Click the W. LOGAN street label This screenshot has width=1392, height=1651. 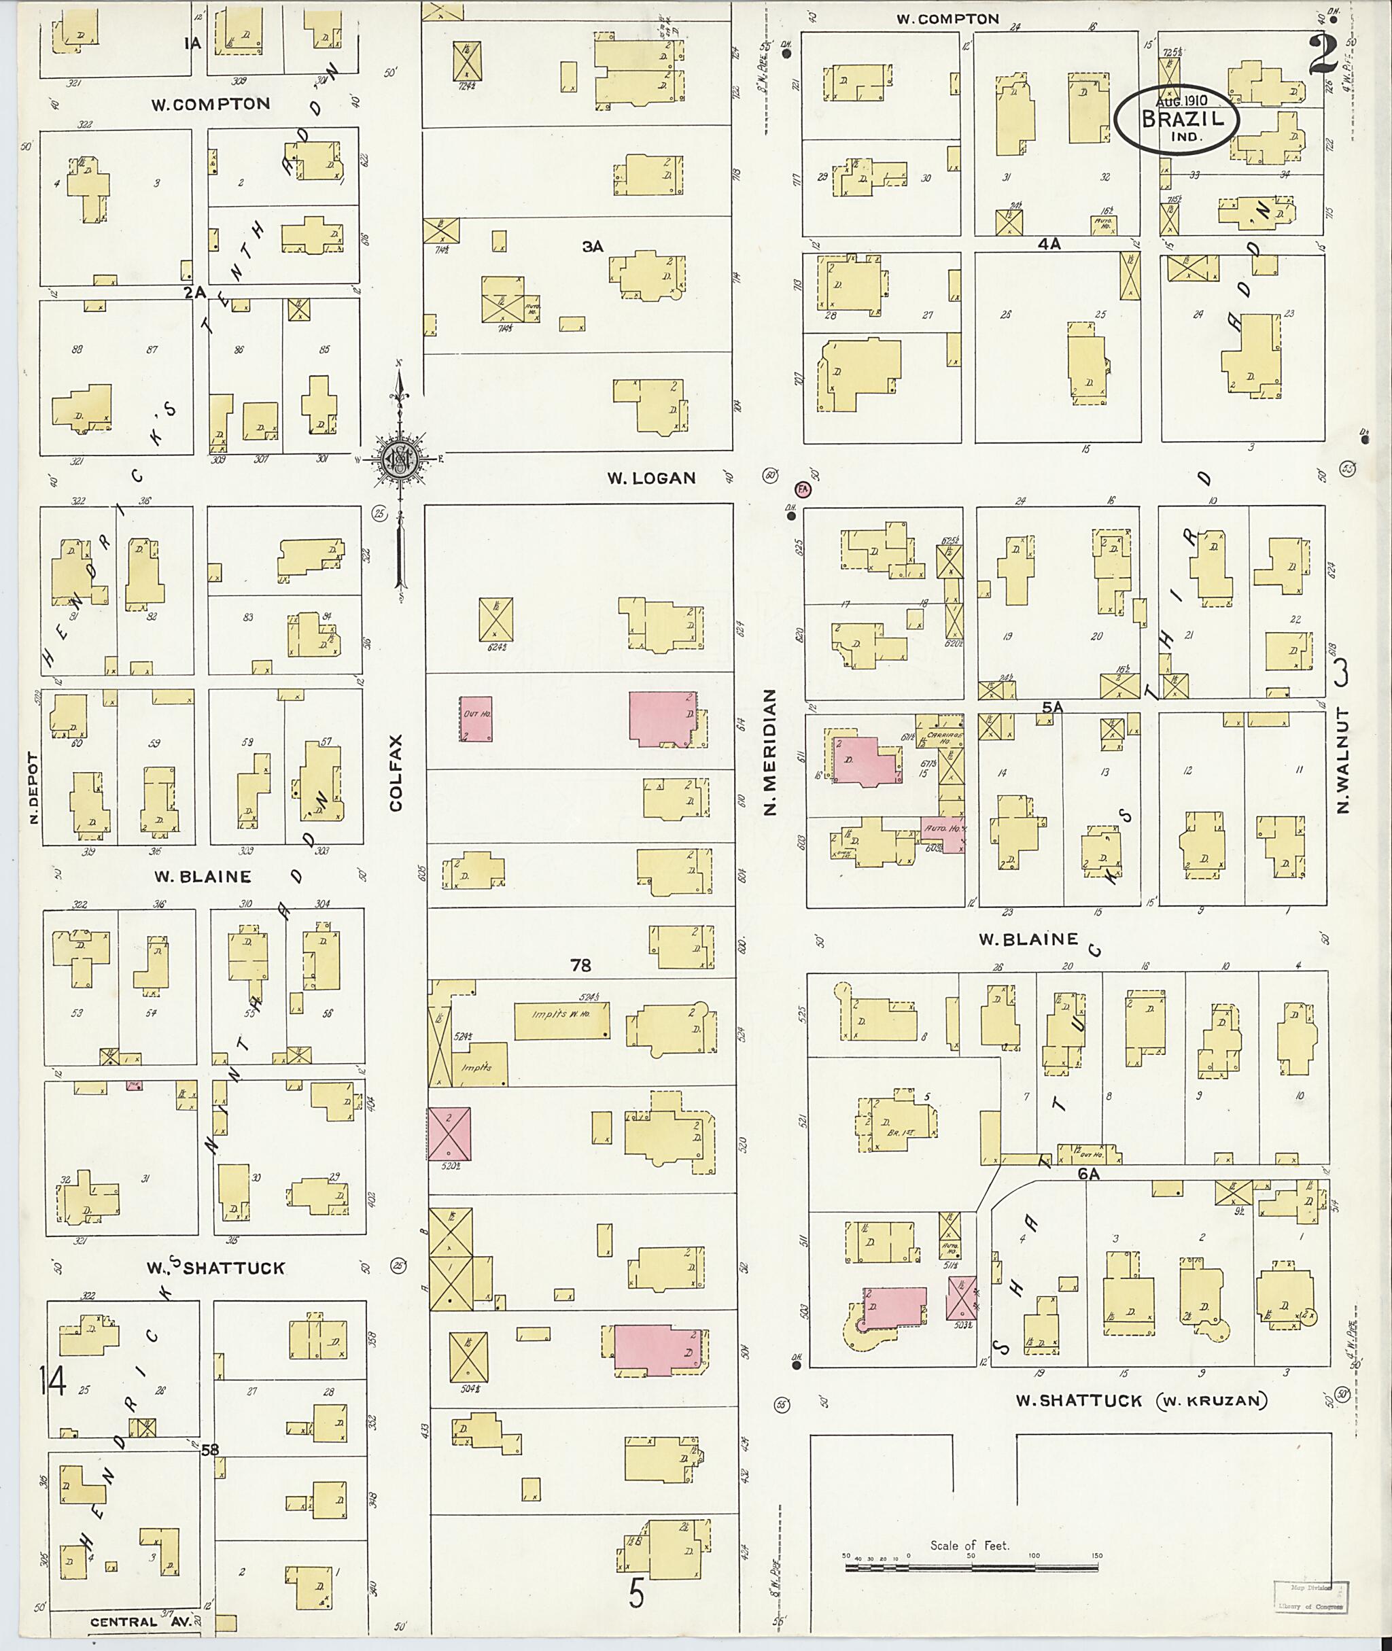coord(651,477)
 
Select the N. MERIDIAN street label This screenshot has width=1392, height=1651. coord(771,750)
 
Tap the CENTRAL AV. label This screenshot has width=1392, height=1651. coord(134,1622)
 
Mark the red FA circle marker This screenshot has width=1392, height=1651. coord(803,489)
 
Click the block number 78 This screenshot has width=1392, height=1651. coord(580,964)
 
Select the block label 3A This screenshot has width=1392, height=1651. coord(593,247)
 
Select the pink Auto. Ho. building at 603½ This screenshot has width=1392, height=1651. coord(942,833)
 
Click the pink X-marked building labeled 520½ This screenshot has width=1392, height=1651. coord(449,1133)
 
